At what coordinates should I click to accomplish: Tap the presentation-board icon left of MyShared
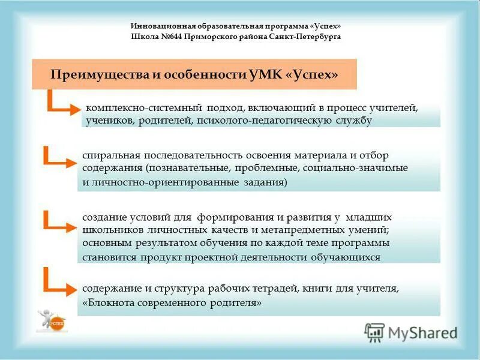374,332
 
